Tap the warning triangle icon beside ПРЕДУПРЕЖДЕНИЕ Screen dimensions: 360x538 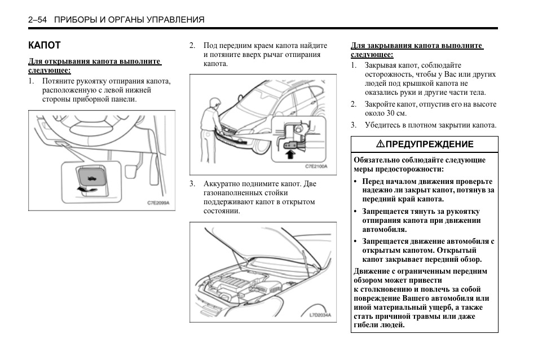click(381, 144)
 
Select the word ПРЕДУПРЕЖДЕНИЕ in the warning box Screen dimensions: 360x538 click(429, 144)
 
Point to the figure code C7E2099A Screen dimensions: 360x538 click(158, 203)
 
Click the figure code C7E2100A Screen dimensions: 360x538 click(316, 166)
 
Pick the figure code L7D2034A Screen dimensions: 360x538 click(320, 315)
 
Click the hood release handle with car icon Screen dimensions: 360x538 click(90, 177)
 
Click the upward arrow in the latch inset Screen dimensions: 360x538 click(290, 151)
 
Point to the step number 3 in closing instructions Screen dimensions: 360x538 click(354, 125)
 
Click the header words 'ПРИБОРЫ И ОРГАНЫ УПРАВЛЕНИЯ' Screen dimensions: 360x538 click(129, 20)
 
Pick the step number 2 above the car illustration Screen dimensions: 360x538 click(192, 46)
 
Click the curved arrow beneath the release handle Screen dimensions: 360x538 click(85, 191)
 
